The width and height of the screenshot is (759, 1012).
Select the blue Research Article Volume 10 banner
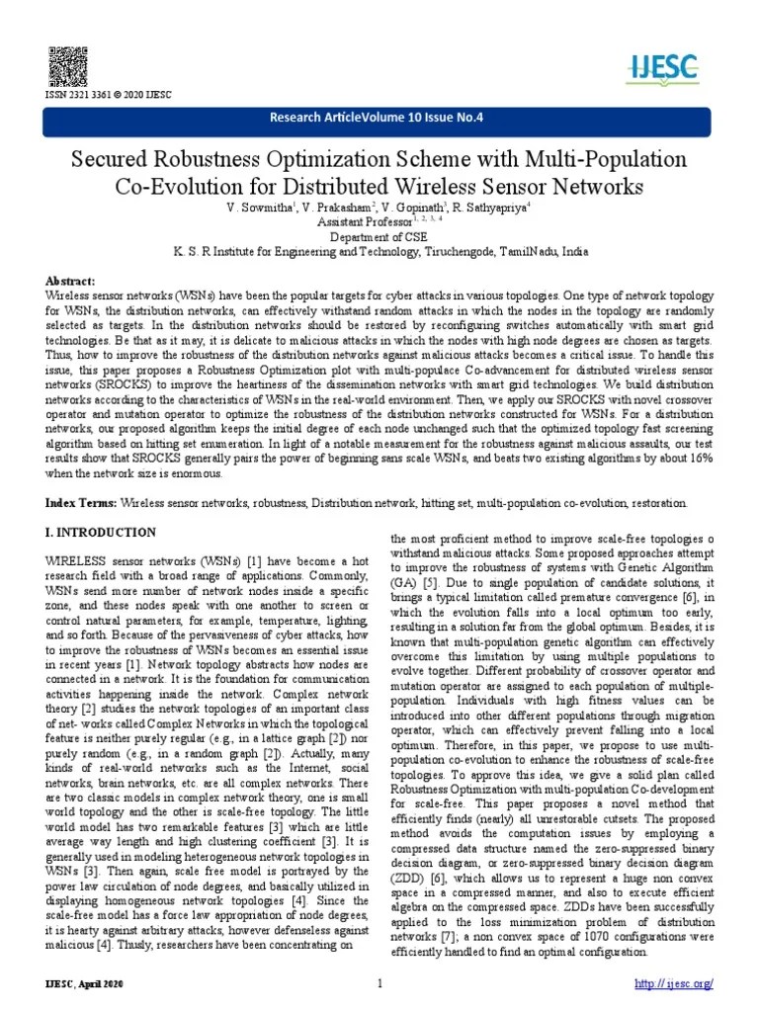tap(379, 121)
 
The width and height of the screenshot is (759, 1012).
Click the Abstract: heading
tap(71, 282)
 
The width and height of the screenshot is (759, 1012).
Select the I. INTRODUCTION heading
tap(101, 533)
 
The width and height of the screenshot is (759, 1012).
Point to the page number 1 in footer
tap(379, 984)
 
